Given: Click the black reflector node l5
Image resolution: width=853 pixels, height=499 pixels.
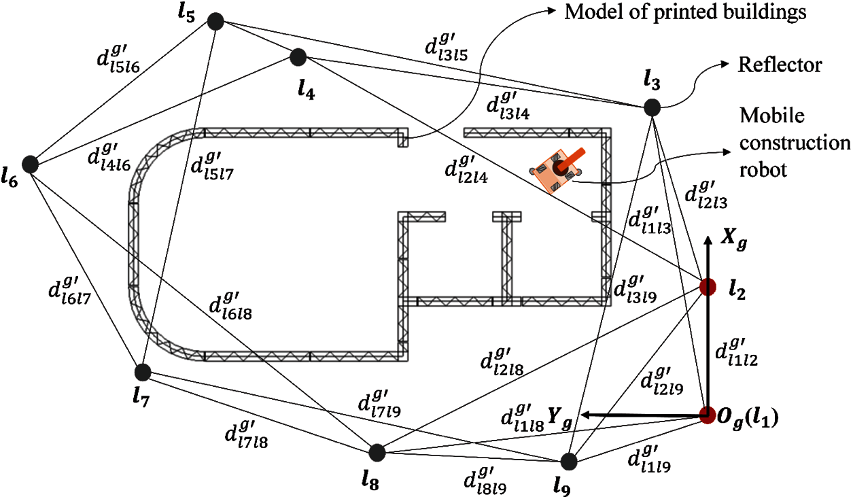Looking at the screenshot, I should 215,21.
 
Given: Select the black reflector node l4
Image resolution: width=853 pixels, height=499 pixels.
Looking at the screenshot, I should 298,56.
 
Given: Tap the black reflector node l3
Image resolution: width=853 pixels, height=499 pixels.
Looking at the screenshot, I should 652,107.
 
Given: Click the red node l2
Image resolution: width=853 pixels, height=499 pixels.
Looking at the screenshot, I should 708,287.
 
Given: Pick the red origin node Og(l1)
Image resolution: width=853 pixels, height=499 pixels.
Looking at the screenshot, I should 708,414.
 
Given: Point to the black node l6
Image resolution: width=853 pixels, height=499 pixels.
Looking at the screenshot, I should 29,164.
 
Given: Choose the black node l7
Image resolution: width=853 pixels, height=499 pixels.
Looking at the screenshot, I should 143,372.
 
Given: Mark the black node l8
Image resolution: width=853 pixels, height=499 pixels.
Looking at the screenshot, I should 377,452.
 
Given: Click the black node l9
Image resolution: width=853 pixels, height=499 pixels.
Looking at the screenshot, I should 570,462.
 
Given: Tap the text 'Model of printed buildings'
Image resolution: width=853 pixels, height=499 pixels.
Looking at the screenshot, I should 684,12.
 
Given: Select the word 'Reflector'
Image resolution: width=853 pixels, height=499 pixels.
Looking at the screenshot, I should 780,65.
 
